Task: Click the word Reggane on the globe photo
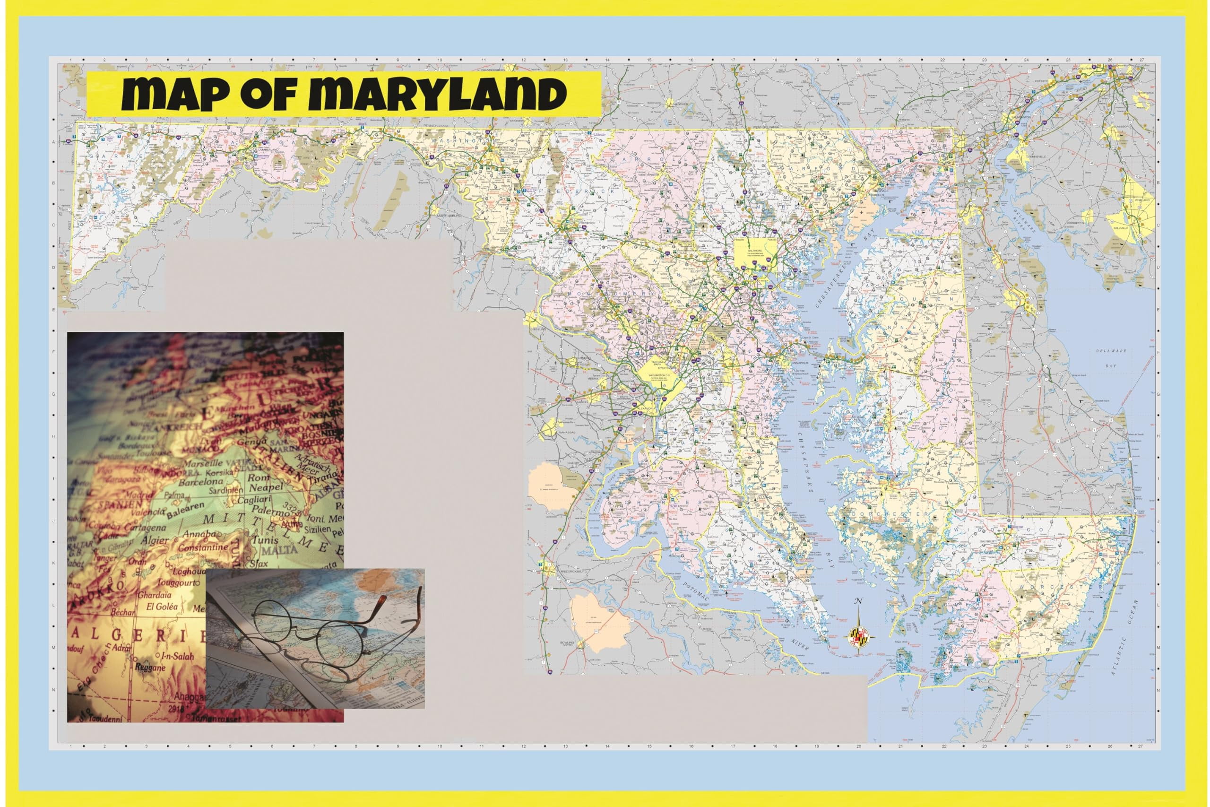tap(150, 668)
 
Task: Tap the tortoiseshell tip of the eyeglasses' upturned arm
tap(382, 599)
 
